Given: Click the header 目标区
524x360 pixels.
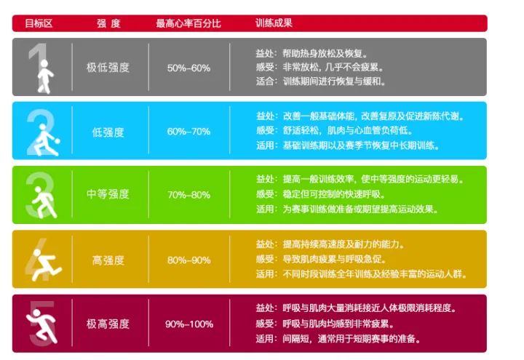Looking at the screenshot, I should point(39,23).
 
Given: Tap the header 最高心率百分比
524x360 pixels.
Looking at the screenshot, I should point(188,23).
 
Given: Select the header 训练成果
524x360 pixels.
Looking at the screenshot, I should point(274,23).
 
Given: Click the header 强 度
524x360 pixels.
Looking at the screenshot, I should point(108,23).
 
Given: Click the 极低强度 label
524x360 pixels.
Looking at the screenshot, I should point(108,68).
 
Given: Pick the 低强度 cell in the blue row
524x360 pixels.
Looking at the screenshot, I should point(108,132).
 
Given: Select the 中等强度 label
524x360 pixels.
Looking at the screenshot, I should point(108,194).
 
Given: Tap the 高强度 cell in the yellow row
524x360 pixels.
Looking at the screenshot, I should point(108,260).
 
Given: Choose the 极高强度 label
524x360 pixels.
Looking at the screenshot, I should point(108,324).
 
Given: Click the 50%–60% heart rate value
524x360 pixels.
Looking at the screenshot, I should point(188,68).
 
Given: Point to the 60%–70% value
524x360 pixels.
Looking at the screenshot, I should point(188,132).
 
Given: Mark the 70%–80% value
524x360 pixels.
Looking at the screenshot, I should point(188,195).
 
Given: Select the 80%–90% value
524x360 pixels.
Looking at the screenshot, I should point(188,260).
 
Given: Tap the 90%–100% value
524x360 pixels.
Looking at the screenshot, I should point(188,324).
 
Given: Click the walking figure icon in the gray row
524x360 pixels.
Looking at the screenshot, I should point(44,75).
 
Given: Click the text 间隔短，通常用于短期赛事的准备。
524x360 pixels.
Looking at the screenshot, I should point(352,339).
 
